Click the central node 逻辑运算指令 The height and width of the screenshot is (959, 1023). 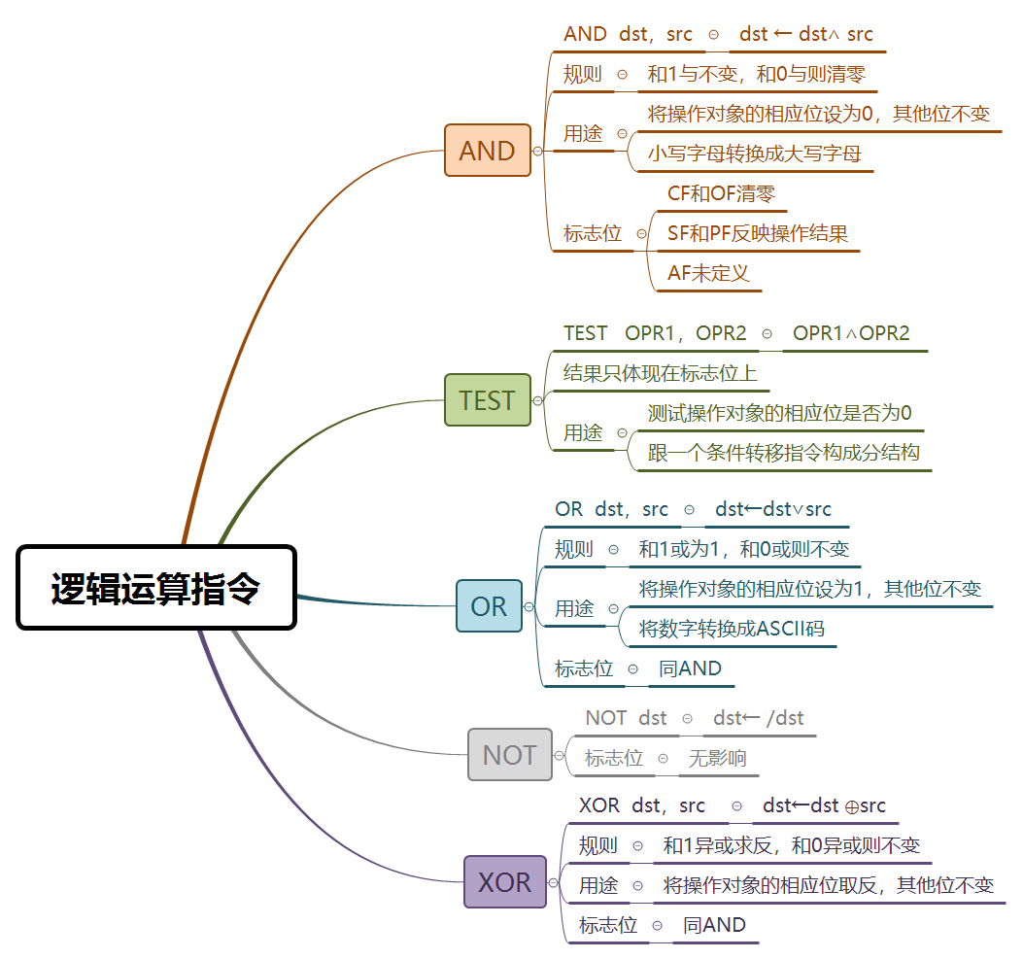(x=155, y=588)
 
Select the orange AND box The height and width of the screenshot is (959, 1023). (x=488, y=151)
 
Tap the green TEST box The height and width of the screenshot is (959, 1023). (x=488, y=400)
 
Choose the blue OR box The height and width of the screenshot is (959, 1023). (x=489, y=606)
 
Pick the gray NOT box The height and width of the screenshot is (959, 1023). (x=509, y=755)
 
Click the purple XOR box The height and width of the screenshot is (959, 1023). (x=505, y=882)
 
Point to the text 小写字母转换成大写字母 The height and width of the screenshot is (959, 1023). (x=755, y=154)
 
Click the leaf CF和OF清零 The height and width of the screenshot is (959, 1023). (x=721, y=193)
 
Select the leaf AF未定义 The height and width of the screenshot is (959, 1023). (x=708, y=273)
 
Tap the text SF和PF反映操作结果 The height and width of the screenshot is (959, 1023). (x=758, y=233)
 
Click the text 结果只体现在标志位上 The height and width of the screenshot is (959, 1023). (x=660, y=372)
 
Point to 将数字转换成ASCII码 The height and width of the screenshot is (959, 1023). (x=732, y=629)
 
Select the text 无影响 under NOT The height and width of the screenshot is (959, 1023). (x=717, y=759)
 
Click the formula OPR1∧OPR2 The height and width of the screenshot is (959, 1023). (x=851, y=333)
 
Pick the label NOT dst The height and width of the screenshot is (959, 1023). (x=626, y=718)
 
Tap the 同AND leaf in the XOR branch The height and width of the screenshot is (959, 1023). (x=714, y=925)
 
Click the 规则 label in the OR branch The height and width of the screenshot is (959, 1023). (x=573, y=549)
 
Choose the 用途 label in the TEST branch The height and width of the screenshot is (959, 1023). (x=583, y=433)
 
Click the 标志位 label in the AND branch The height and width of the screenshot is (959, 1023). (x=592, y=233)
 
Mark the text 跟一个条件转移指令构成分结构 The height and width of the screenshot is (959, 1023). (x=783, y=453)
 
